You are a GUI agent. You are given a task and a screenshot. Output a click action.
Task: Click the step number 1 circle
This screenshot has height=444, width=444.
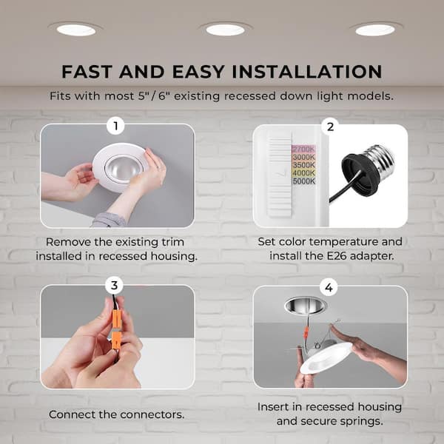pyautogui.click(x=114, y=126)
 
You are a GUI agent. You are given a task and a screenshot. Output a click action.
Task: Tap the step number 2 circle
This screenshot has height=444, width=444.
pyautogui.click(x=330, y=126)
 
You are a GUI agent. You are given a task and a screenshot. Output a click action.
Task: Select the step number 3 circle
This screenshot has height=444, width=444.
pyautogui.click(x=114, y=286)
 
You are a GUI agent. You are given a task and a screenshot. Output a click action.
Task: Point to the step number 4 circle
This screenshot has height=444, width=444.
pyautogui.click(x=330, y=286)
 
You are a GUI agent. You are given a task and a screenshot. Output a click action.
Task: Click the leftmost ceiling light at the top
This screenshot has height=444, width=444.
pyautogui.click(x=77, y=30)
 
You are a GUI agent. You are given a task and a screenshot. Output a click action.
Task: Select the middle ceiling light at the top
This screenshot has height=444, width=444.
pyautogui.click(x=225, y=30)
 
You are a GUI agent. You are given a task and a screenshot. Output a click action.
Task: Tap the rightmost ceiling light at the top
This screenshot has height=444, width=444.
pyautogui.click(x=374, y=30)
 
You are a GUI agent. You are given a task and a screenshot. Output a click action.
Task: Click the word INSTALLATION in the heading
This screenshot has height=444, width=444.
pyautogui.click(x=298, y=72)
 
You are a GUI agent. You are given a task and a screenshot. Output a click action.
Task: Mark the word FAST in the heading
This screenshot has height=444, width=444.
pyautogui.click(x=87, y=72)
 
